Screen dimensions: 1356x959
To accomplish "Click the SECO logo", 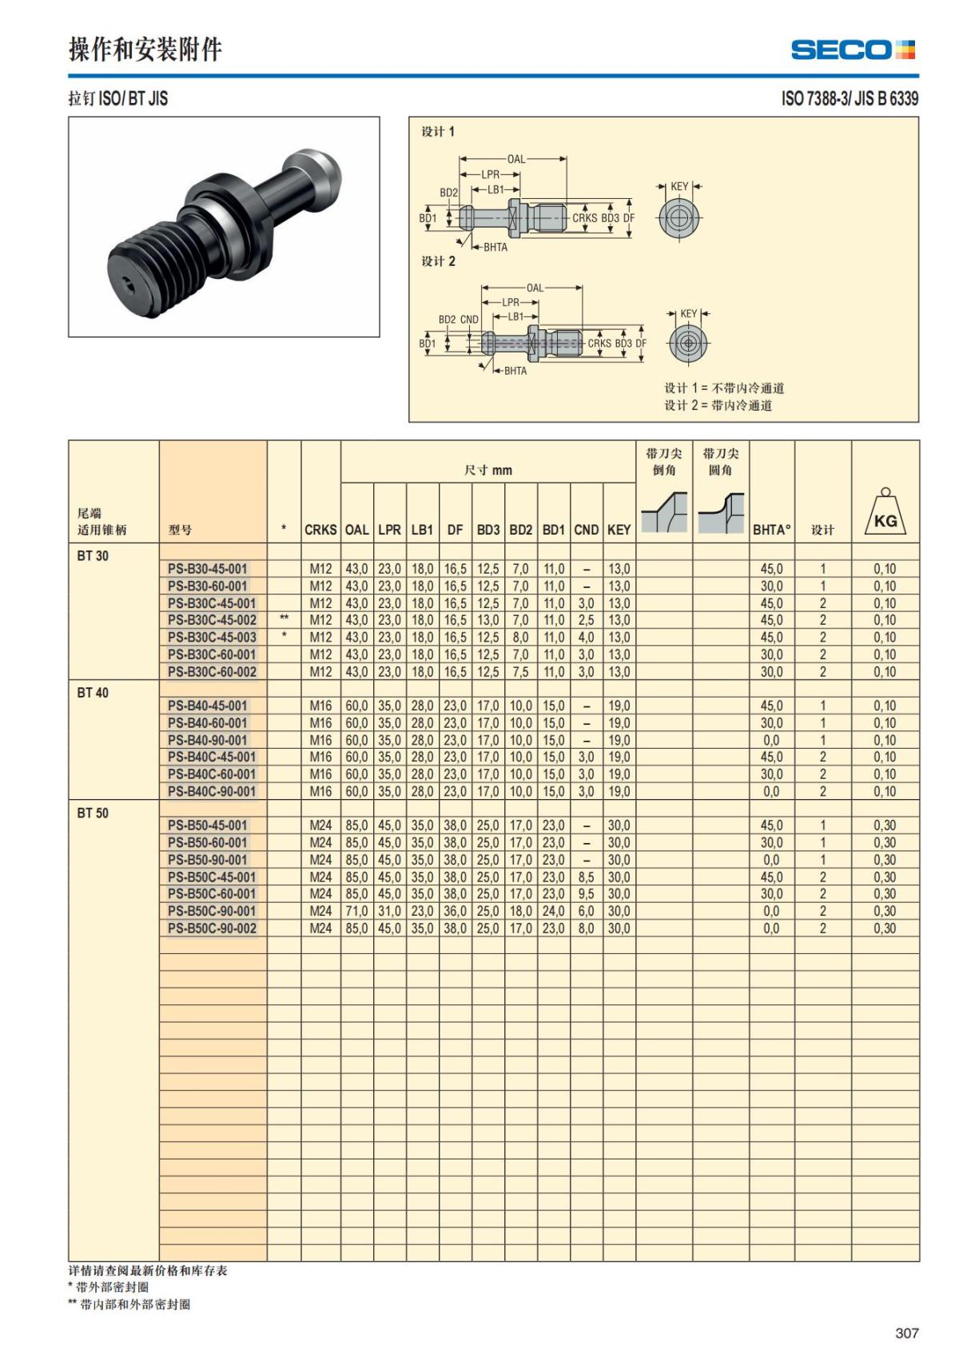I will [x=852, y=50].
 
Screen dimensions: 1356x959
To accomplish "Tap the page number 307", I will [x=906, y=1333].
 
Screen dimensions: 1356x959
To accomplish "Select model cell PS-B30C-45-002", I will [x=212, y=620].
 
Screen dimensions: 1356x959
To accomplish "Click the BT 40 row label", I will [x=93, y=693].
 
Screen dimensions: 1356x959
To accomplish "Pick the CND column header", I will [x=586, y=530].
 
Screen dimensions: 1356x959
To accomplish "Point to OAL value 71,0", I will [x=356, y=911].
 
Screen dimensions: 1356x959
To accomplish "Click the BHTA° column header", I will [x=771, y=530].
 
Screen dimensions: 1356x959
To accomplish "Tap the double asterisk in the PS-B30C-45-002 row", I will [x=284, y=618].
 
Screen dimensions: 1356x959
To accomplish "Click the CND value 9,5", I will [x=586, y=894].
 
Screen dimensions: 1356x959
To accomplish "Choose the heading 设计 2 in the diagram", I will [x=438, y=261].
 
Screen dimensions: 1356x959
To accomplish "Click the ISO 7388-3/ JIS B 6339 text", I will [x=850, y=98].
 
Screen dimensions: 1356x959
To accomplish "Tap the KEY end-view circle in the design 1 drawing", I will [x=679, y=217].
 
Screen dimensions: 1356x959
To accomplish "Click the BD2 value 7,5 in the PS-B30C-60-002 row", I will [x=520, y=672].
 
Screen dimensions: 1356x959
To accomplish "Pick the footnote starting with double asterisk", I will [x=129, y=1304].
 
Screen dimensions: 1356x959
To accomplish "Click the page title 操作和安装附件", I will [x=145, y=50].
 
